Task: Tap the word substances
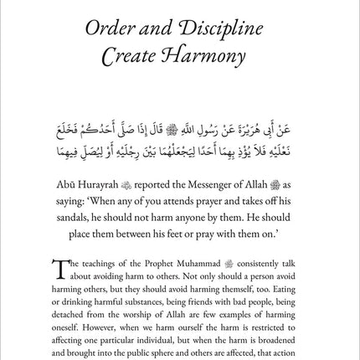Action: [142, 286]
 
